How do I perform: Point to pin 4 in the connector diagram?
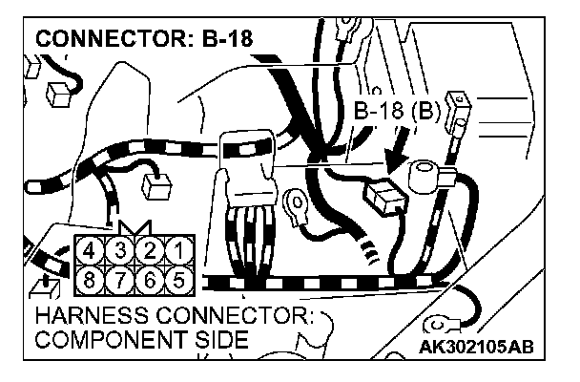(91, 251)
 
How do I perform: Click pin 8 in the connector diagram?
(91, 281)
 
